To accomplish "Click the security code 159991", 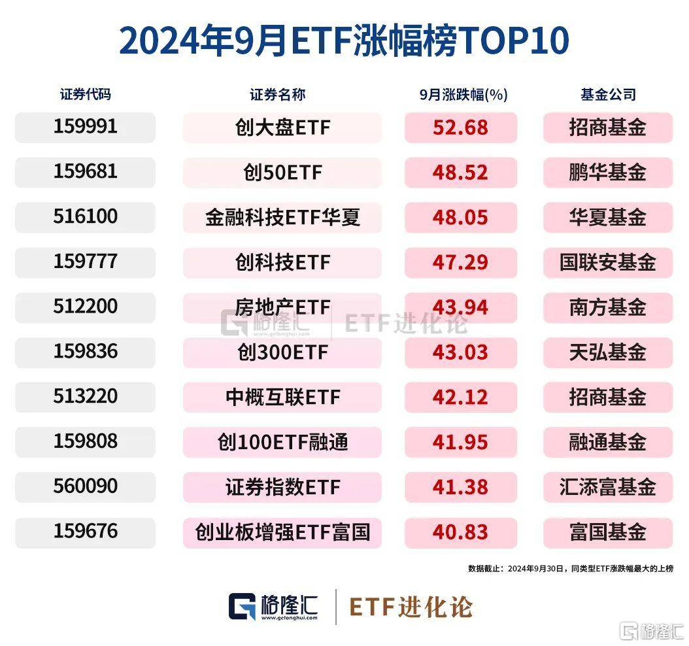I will (x=85, y=126).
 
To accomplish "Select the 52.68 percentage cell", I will (x=460, y=127).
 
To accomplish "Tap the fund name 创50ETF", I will (x=282, y=173).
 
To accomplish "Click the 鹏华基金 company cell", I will (x=607, y=173).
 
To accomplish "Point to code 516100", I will (x=85, y=216).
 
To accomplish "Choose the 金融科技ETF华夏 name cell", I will (x=282, y=218).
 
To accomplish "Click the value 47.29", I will (x=460, y=263).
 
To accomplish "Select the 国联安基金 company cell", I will (x=607, y=263).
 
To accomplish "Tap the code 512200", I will (x=85, y=307).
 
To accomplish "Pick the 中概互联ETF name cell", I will (x=282, y=398).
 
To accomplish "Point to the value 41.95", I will (x=460, y=443).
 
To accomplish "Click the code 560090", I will (x=85, y=486).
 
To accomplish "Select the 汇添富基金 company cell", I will (x=607, y=488).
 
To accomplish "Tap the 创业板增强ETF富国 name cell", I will (x=282, y=533).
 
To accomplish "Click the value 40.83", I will (x=460, y=533).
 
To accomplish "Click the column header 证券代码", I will (x=85, y=94).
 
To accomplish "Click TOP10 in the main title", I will (x=516, y=41).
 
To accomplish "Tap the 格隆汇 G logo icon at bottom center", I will (x=242, y=607).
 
